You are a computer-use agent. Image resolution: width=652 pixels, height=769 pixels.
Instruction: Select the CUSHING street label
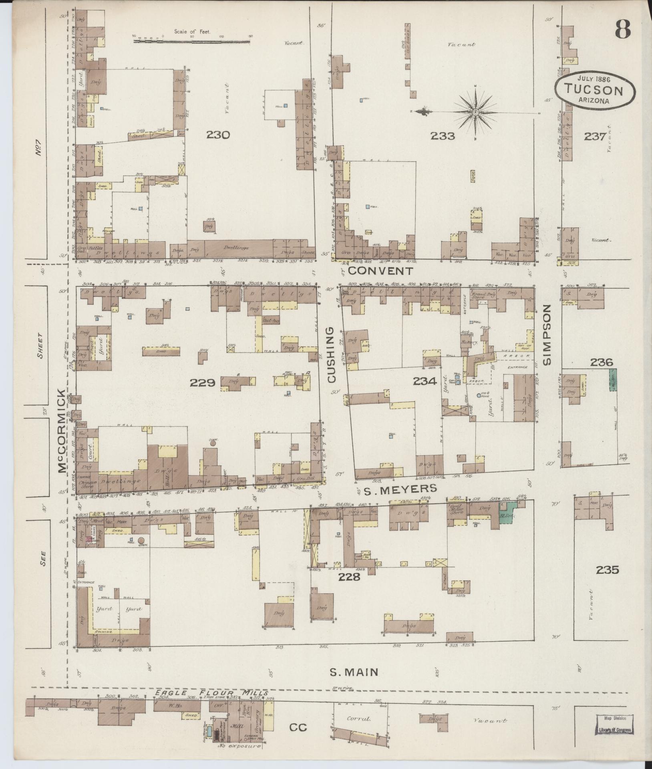point(332,355)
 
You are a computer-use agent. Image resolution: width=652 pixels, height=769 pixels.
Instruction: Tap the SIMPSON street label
point(547,334)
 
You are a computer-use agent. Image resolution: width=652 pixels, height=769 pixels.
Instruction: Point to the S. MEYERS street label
point(395,489)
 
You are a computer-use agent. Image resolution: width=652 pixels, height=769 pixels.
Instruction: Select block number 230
point(218,135)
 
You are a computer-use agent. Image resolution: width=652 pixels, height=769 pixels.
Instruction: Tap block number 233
point(443,136)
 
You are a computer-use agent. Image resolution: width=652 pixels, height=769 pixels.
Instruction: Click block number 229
point(203,383)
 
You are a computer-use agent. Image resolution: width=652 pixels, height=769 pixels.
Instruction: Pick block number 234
point(425,382)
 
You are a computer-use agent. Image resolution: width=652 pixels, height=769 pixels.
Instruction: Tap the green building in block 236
point(613,380)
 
